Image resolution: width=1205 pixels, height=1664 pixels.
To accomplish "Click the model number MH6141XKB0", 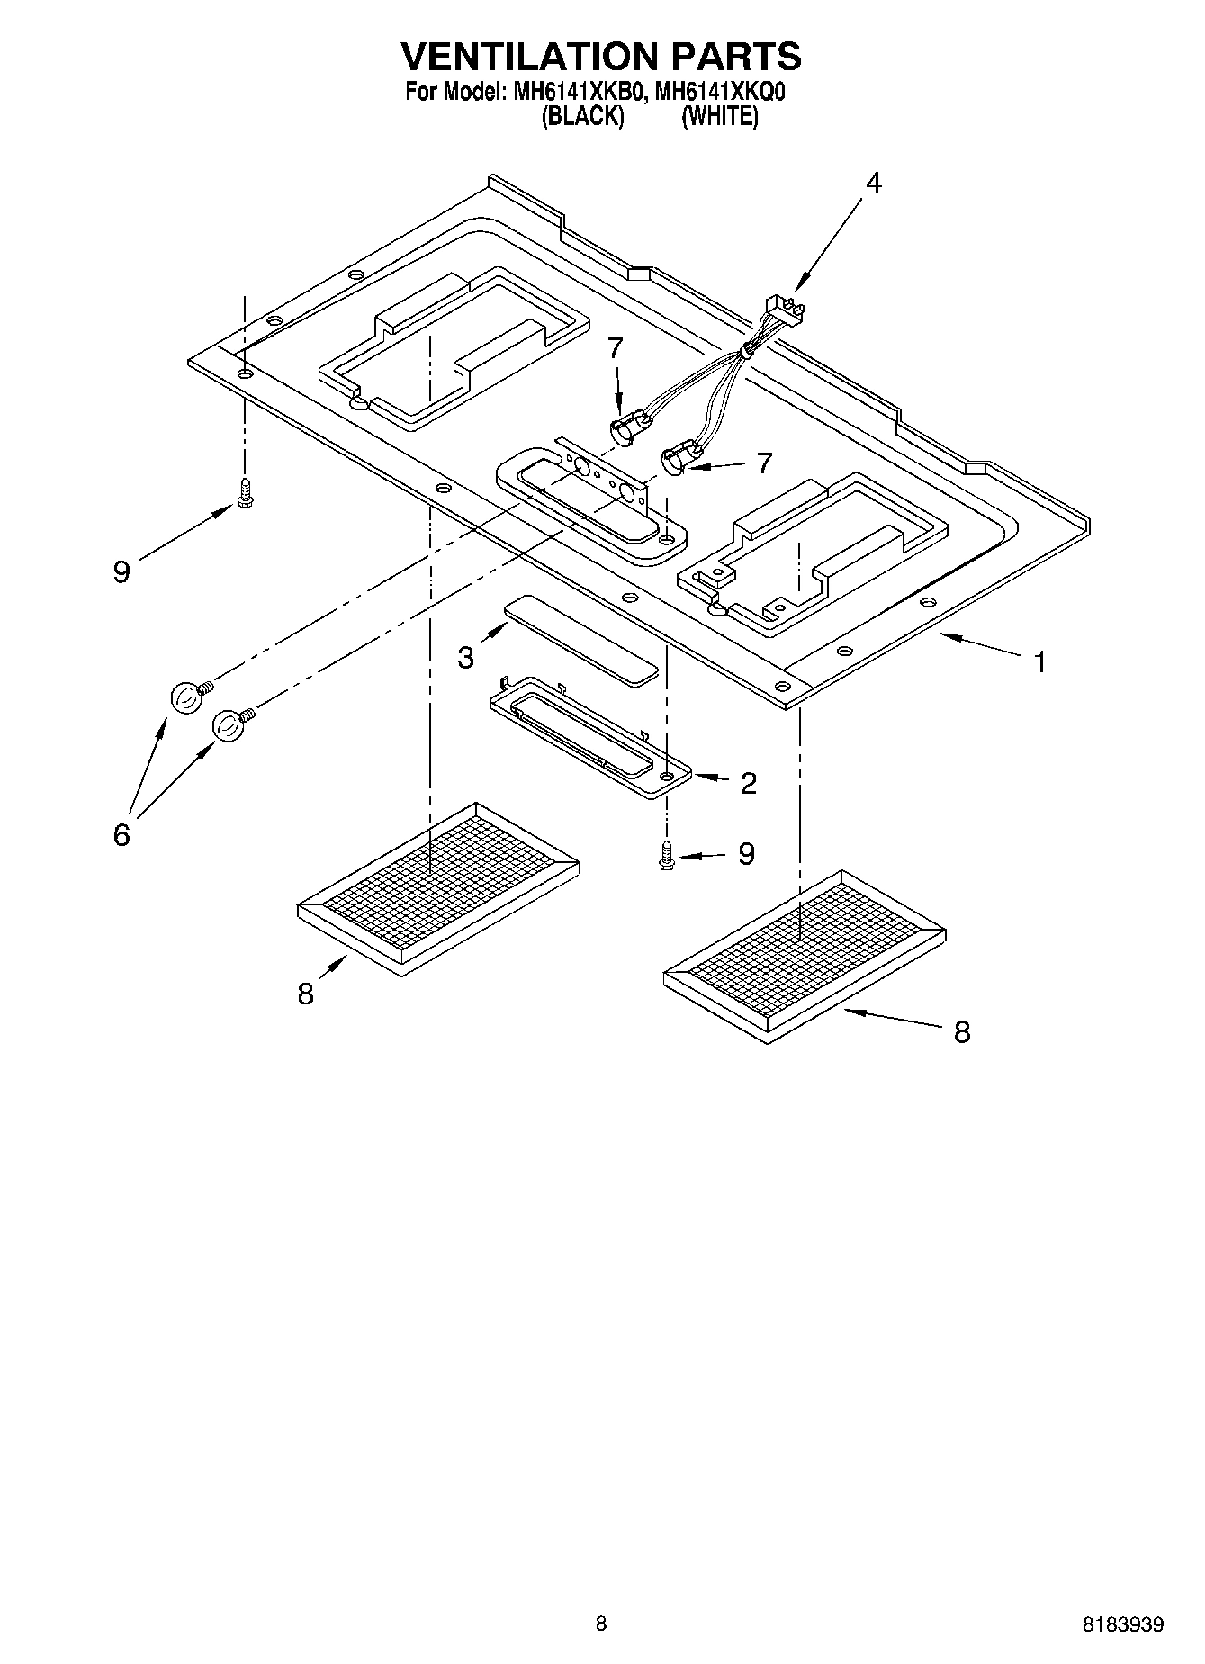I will tap(578, 92).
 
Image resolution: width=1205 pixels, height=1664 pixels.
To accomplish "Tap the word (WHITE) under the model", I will tap(719, 116).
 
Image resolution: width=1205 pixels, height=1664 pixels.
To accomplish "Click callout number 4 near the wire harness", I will tap(872, 183).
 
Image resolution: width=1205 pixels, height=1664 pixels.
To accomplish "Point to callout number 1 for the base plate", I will tap(1039, 663).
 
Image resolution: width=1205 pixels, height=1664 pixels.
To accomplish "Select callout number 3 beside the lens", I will tap(465, 658).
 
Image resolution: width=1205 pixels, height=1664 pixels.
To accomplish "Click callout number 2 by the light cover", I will tap(748, 783).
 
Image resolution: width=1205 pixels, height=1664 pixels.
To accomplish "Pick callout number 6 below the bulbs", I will tap(121, 834).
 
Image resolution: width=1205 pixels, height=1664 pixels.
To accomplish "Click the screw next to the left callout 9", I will tap(244, 492).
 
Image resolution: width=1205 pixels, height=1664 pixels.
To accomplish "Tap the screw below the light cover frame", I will tap(666, 854).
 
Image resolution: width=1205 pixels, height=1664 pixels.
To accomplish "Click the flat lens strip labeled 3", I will tap(580, 639).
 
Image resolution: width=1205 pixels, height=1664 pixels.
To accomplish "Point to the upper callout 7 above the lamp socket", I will tap(615, 348).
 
